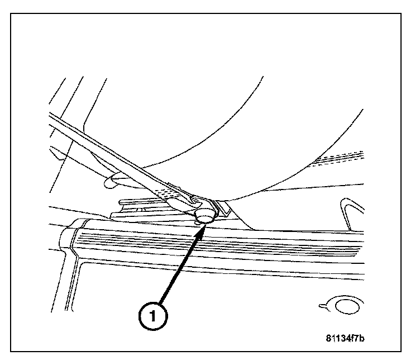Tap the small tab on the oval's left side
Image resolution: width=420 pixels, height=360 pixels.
(x=323, y=306)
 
